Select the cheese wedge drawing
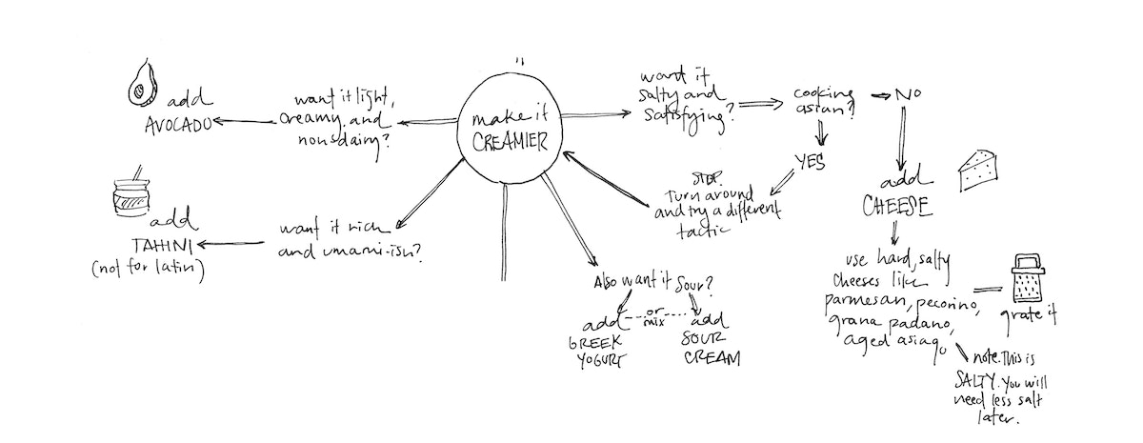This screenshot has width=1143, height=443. coord(981,169)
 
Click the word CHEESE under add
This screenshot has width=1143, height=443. coord(896,207)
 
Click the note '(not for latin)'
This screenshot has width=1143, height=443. coord(150,271)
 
